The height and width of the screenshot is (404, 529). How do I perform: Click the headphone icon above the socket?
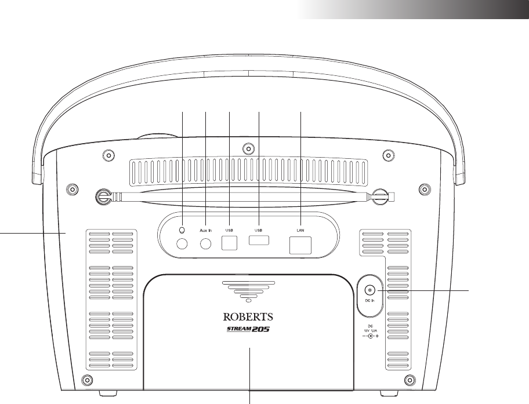pyautogui.click(x=182, y=230)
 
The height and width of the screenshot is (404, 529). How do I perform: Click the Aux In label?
pyautogui.click(x=206, y=230)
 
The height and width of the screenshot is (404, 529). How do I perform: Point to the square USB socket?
pyautogui.click(x=230, y=244)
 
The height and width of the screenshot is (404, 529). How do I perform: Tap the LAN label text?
pyautogui.click(x=300, y=230)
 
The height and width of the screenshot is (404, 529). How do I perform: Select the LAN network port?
pyautogui.click(x=300, y=246)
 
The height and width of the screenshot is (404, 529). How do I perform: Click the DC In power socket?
pyautogui.click(x=368, y=290)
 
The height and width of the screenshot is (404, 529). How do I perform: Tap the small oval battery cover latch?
pyautogui.click(x=249, y=300)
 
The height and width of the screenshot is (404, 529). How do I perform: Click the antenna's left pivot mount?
pyautogui.click(x=104, y=196)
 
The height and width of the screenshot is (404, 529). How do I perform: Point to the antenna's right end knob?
pyautogui.click(x=381, y=196)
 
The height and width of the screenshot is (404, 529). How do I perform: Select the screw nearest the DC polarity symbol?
pyautogui.click(x=410, y=381)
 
